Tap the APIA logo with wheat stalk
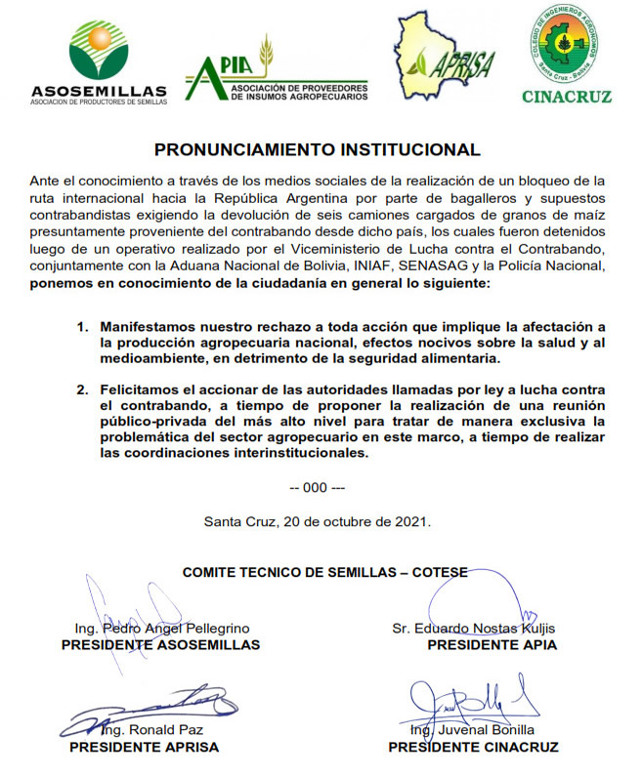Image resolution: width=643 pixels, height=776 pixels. click(x=275, y=74)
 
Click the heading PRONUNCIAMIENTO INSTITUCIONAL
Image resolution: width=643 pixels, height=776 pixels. click(x=318, y=150)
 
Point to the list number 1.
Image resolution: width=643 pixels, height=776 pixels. click(x=82, y=324)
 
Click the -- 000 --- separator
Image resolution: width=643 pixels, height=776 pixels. click(x=318, y=486)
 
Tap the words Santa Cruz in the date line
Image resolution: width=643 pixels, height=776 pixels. click(x=237, y=521)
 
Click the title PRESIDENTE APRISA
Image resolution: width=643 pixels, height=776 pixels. click(x=145, y=748)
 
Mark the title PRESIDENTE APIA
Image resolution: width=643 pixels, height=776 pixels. click(x=493, y=645)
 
